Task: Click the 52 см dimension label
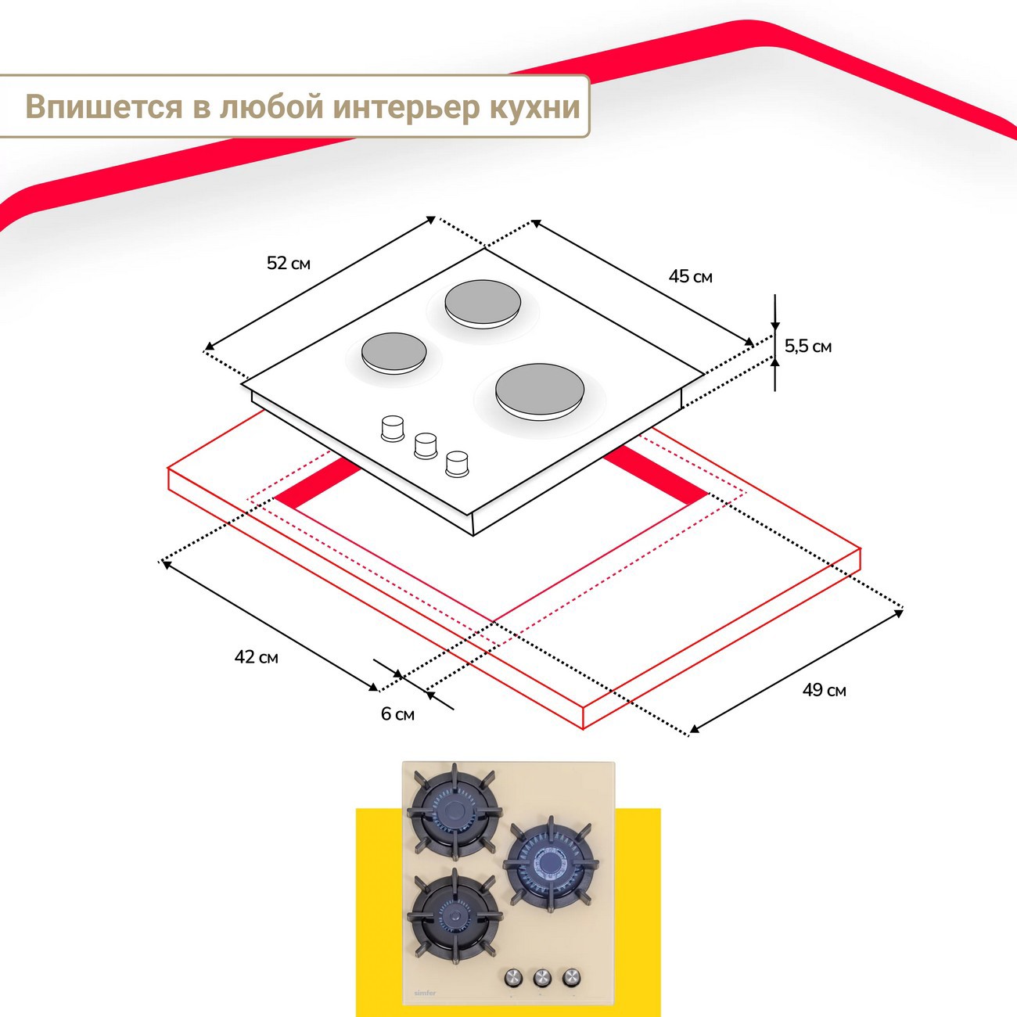tap(289, 264)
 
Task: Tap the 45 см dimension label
tap(690, 276)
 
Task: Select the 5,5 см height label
tap(808, 346)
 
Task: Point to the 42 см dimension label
tap(256, 657)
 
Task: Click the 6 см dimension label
tap(397, 714)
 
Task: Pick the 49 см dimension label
tap(824, 690)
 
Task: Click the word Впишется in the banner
tap(103, 107)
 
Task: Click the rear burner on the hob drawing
tap(481, 303)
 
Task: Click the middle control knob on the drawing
tap(425, 445)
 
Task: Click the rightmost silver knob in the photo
tap(571, 976)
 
